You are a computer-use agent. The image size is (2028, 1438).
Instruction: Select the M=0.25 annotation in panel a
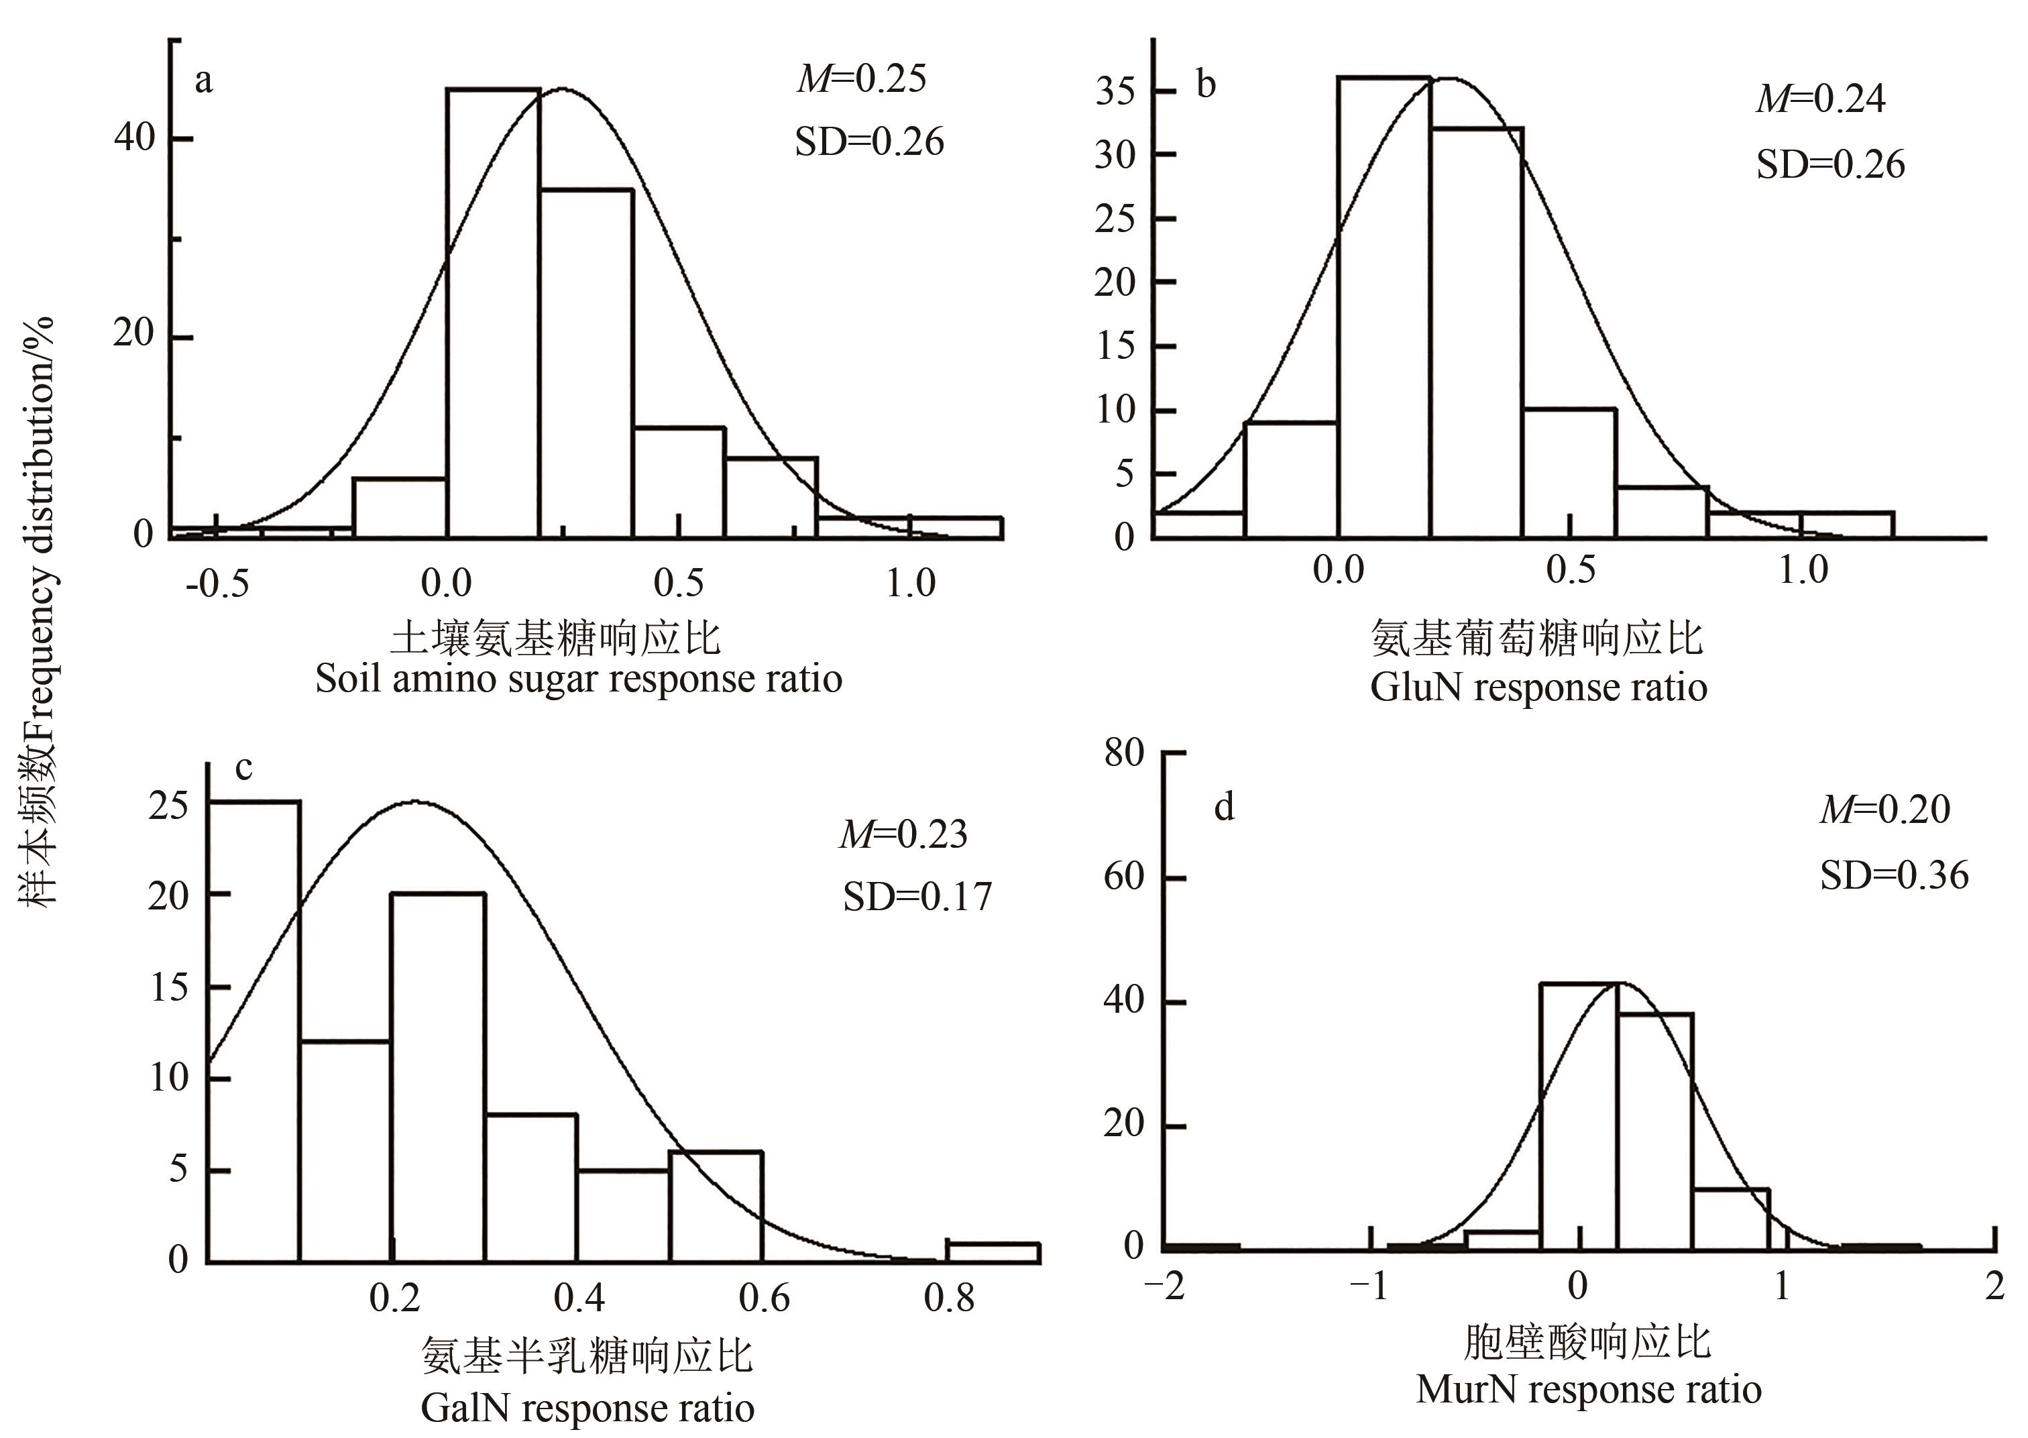point(860,78)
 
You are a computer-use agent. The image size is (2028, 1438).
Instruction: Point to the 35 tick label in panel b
point(1115,91)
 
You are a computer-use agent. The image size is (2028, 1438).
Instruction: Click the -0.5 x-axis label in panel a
point(217,584)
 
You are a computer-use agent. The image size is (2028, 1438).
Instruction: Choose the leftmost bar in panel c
point(254,1031)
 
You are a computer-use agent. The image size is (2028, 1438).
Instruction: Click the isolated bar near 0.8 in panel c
point(993,1252)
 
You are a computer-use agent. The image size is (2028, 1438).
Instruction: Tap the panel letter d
point(1224,807)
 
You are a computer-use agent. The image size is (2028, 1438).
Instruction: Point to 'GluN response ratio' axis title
point(1538,687)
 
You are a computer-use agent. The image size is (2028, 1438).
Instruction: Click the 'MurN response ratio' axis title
point(1588,1388)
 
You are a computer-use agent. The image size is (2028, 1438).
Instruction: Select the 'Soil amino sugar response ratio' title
point(578,679)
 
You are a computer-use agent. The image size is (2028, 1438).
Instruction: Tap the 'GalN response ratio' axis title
point(587,1408)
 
